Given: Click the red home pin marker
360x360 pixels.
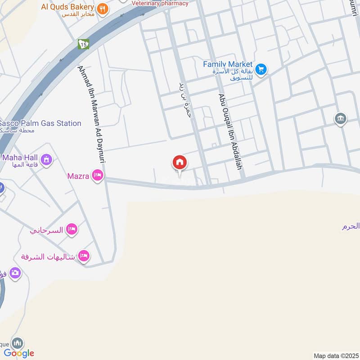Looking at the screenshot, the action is click(x=180, y=162).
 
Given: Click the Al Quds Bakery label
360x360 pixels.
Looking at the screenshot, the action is click(x=67, y=7).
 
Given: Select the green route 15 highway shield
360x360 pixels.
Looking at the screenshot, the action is click(x=83, y=44).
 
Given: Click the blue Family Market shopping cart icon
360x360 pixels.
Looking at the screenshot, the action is click(x=261, y=69).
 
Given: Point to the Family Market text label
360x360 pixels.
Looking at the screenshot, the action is click(x=228, y=64).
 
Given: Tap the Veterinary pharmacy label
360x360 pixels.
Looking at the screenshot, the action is click(x=160, y=3).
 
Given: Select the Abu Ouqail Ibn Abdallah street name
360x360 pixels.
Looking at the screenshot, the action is click(x=230, y=131).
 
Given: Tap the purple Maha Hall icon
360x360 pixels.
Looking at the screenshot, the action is click(x=46, y=159).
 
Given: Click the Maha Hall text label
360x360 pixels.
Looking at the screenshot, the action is click(x=21, y=157).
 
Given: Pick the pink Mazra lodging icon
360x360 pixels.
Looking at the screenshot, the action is click(x=97, y=175).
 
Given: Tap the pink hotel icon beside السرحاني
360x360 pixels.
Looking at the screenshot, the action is click(x=72, y=229).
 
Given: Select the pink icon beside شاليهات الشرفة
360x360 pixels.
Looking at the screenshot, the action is click(x=83, y=256).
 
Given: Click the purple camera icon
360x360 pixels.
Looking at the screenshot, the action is click(x=15, y=273).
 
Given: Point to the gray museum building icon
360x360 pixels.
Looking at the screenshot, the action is click(x=340, y=119).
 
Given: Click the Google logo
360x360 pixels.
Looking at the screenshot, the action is click(x=19, y=353).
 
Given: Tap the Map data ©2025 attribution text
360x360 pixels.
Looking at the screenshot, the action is click(x=335, y=355).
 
